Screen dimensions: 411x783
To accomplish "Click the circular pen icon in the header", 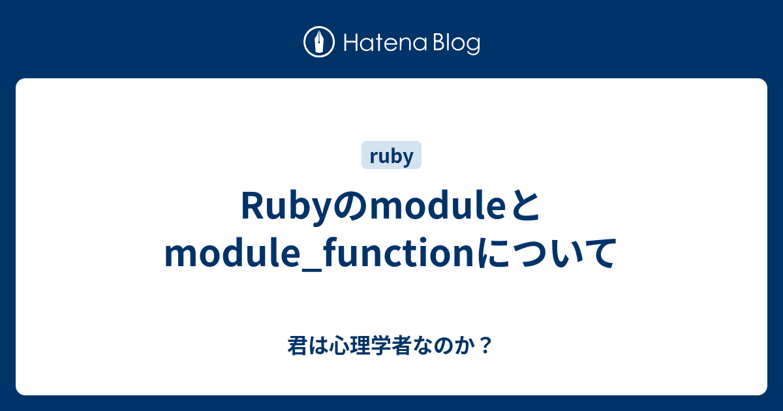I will (x=320, y=43).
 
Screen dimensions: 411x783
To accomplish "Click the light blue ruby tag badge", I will (x=391, y=156).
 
